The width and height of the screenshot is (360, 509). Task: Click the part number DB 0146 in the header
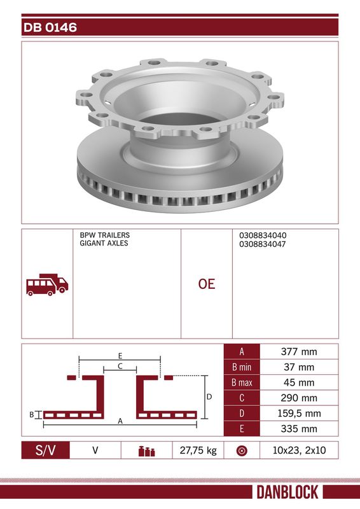50,27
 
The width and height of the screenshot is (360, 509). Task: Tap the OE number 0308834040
263,235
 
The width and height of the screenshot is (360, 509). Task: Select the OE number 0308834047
263,244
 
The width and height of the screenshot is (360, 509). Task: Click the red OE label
207,284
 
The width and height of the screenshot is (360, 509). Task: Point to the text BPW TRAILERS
104,235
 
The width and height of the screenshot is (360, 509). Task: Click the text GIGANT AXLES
104,243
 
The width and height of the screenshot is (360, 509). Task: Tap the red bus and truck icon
47,284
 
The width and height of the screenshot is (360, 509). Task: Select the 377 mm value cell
299,352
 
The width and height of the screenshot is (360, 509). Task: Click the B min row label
242,367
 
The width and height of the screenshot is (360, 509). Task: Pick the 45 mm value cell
299,382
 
